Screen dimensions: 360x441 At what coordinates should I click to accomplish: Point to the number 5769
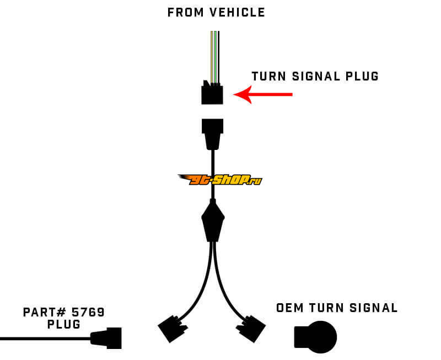click(88, 313)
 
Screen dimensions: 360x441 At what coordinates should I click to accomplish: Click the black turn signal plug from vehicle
click(212, 94)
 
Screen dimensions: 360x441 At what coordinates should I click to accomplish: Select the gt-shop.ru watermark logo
click(219, 180)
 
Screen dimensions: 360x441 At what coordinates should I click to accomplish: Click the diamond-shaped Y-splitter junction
click(213, 220)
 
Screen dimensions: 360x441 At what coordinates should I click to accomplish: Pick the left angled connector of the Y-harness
click(171, 330)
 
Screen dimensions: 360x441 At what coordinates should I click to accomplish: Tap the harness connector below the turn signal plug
click(213, 132)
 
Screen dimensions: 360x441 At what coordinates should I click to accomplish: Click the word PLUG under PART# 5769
click(64, 325)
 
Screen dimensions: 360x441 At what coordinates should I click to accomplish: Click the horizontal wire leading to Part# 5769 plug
click(44, 338)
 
